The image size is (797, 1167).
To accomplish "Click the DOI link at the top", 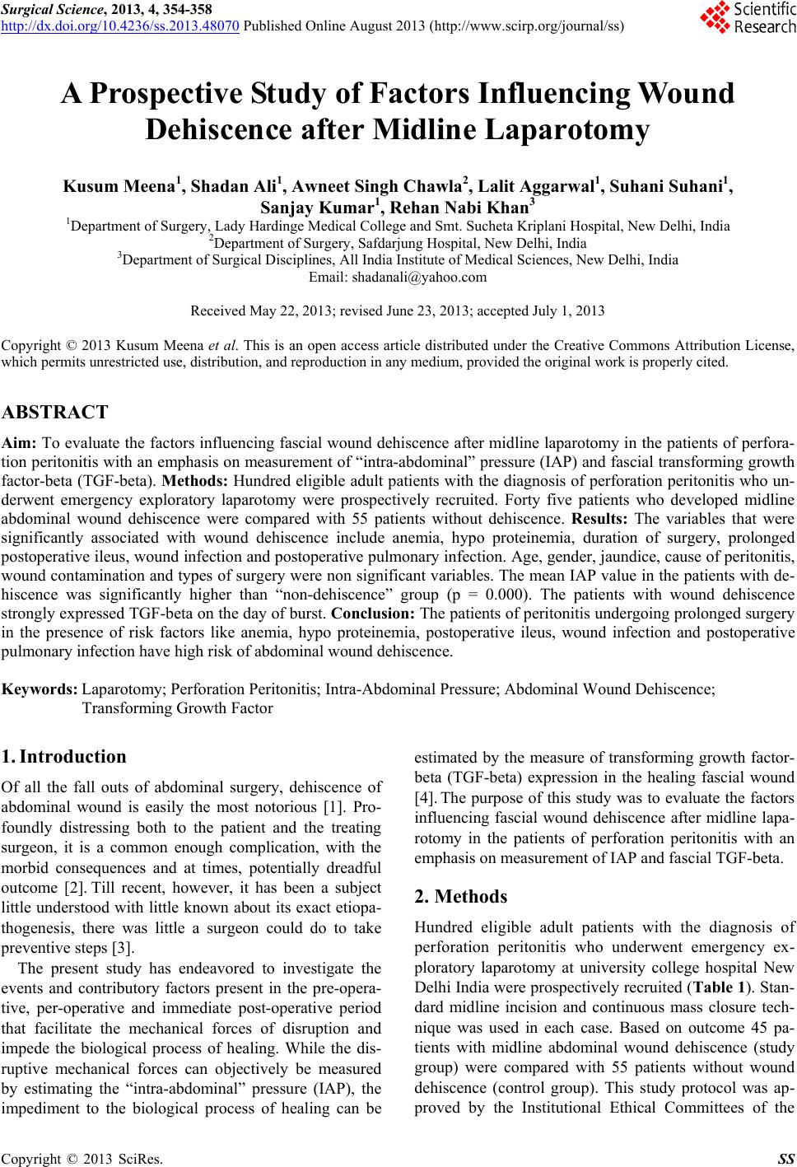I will (120, 25).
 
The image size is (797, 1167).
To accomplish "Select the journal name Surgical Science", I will (49, 9).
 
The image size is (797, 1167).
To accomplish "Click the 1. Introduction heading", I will (64, 756).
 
